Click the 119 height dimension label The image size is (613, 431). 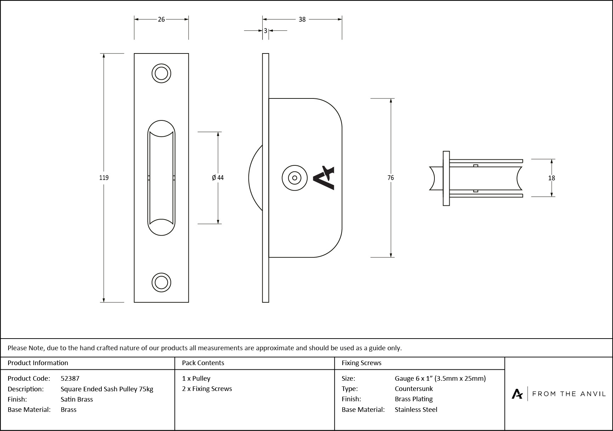(104, 178)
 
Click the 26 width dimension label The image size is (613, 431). (161, 19)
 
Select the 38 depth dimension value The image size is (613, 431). (302, 19)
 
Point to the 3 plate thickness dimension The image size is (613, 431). (265, 31)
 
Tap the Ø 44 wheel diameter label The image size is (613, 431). (218, 178)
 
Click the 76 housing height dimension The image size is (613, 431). (390, 178)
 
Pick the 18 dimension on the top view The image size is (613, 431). (551, 178)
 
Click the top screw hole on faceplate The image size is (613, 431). (161, 74)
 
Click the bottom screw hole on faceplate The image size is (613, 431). (161, 283)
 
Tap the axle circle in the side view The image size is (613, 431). (294, 178)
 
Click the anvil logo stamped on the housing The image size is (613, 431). (324, 178)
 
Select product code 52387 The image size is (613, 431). (70, 378)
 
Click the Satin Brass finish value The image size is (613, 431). (77, 399)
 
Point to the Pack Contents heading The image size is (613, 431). (203, 363)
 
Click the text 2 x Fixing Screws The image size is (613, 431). (207, 389)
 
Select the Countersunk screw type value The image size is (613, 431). (414, 389)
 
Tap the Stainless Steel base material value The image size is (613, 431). (416, 409)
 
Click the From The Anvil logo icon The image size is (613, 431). (517, 394)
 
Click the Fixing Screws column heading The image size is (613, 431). (361, 363)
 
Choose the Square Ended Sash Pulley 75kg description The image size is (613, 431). (107, 389)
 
